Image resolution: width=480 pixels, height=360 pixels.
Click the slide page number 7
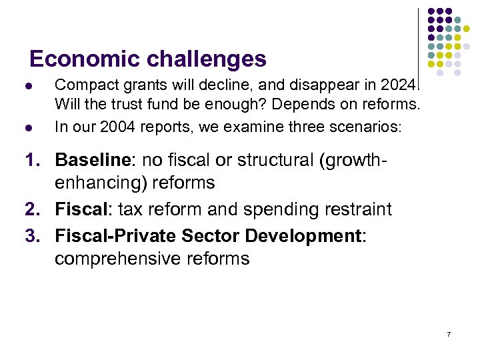click(449, 333)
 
